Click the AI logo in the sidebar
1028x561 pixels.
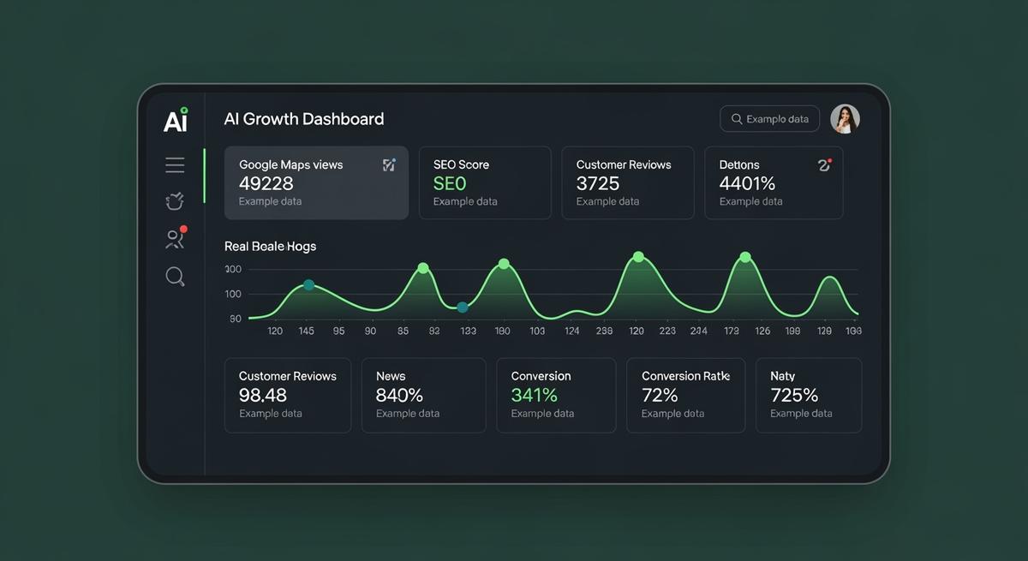(x=176, y=121)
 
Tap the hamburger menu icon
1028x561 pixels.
(x=175, y=165)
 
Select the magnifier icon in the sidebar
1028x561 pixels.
(x=175, y=276)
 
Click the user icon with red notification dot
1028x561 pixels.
(x=175, y=239)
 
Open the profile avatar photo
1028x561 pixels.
(x=845, y=119)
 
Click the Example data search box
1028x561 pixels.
(x=769, y=119)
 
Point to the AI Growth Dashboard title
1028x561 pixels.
(x=303, y=119)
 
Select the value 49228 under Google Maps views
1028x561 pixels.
(x=266, y=183)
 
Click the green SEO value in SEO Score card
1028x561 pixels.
(x=450, y=183)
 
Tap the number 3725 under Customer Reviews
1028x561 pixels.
(x=598, y=183)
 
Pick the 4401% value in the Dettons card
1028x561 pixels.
(x=747, y=183)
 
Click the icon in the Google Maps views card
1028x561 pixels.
(x=389, y=164)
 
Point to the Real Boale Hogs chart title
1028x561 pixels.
(x=270, y=246)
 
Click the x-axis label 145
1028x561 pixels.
(x=306, y=331)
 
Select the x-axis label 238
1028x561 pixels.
(x=604, y=331)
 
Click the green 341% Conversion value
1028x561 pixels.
(x=534, y=395)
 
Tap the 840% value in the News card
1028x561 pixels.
(x=399, y=395)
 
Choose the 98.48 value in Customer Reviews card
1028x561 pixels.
(x=263, y=395)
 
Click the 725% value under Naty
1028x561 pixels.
(x=794, y=395)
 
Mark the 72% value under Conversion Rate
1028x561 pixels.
(x=660, y=395)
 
